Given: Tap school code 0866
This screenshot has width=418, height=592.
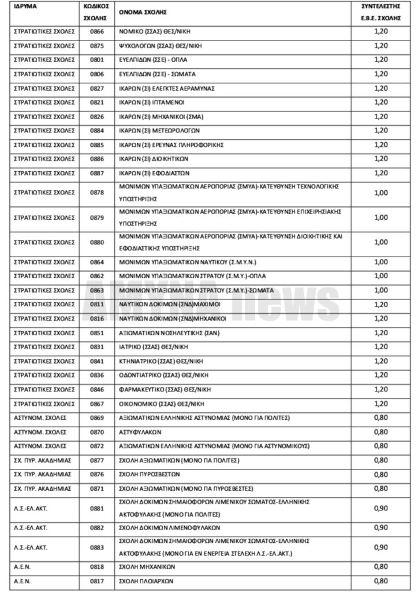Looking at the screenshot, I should (97, 32).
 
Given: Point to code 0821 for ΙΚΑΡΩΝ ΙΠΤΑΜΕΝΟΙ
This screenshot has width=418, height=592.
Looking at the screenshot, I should (97, 102).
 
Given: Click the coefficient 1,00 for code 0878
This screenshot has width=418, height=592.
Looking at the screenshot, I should (380, 193).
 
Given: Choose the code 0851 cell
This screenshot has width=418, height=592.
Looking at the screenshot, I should (97, 333).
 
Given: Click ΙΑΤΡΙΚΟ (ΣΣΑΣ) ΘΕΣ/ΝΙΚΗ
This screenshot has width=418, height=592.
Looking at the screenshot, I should (153, 347).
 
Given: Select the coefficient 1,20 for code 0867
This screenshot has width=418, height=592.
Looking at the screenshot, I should (380, 404).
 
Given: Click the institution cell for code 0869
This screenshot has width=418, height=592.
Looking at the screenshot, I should (40, 417).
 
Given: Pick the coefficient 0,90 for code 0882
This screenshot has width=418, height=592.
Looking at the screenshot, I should (380, 528).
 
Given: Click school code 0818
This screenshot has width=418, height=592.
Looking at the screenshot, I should (97, 567).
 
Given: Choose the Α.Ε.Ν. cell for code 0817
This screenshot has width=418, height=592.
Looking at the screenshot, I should (22, 581).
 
